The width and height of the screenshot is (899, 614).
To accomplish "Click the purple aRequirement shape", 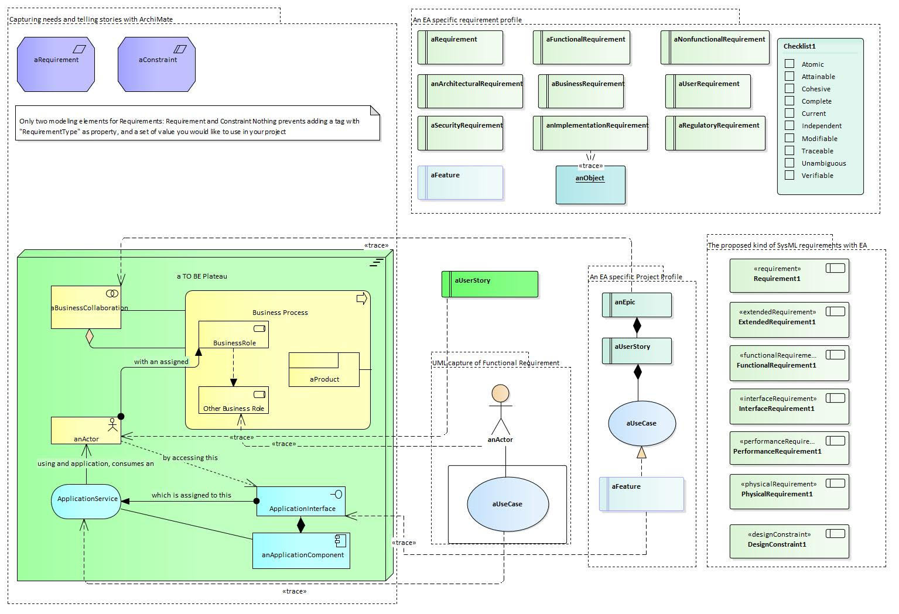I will (x=56, y=64).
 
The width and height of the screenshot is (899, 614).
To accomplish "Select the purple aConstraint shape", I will (x=156, y=64).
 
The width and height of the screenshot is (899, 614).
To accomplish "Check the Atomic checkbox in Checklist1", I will (x=789, y=64).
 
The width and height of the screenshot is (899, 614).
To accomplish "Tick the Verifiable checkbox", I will (x=789, y=175).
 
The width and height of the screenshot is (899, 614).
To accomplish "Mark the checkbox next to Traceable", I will (x=789, y=150).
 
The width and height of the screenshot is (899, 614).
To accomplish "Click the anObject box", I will (x=590, y=185).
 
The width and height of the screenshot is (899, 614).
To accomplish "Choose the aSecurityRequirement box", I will (x=460, y=133).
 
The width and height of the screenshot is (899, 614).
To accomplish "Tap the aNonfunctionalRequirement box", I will (x=715, y=47).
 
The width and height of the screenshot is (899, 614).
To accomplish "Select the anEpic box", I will (x=637, y=305).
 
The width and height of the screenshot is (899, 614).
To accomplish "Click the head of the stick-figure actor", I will (x=500, y=393).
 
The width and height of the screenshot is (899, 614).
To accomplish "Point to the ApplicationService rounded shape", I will (x=86, y=502).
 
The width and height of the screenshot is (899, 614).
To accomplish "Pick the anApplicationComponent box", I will (x=301, y=551).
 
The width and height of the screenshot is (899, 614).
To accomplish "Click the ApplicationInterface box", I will (x=301, y=502).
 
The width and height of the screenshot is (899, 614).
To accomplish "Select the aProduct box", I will (x=324, y=370).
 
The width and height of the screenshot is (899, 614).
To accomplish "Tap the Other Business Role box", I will (x=233, y=400).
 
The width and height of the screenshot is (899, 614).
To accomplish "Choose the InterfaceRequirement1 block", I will (x=789, y=406).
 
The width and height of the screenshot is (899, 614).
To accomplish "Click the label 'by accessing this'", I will (x=190, y=458).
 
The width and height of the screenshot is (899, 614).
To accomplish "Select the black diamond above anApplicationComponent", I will (x=301, y=524).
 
